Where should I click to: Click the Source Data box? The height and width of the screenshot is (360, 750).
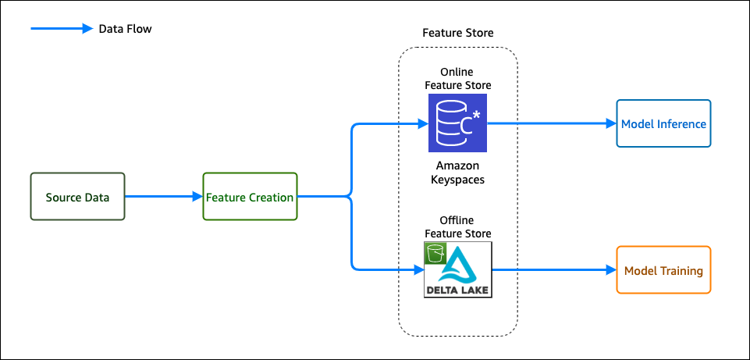(x=77, y=197)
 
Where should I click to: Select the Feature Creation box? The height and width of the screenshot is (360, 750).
(x=251, y=197)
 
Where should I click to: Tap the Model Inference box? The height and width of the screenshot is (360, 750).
(x=663, y=123)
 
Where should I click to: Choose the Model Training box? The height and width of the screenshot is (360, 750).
(x=663, y=270)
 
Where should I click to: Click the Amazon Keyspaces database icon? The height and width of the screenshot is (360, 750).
(x=458, y=123)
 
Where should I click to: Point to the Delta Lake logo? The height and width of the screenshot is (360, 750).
(x=458, y=269)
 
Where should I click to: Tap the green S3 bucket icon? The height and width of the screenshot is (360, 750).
(x=435, y=253)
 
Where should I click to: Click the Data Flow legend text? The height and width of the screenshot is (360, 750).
(x=126, y=29)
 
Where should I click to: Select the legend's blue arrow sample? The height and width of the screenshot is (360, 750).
(x=62, y=29)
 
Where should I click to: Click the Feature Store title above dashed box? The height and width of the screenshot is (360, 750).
(x=458, y=33)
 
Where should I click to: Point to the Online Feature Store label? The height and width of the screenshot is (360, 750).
(x=458, y=79)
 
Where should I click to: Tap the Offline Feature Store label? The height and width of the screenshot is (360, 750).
(x=458, y=227)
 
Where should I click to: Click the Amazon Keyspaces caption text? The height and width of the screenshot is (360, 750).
(x=458, y=173)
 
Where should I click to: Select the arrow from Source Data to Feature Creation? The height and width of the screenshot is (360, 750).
(x=164, y=196)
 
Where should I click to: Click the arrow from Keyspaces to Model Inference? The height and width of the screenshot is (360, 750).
(x=552, y=123)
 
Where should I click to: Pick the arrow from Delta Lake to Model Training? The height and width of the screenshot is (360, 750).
(x=554, y=270)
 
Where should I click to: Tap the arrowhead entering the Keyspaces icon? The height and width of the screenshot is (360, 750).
(x=423, y=124)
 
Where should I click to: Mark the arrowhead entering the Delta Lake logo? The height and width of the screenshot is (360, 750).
(x=418, y=270)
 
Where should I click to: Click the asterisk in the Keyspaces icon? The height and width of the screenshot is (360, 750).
(x=476, y=116)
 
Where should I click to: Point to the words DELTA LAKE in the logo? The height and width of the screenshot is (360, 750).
(x=458, y=290)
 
